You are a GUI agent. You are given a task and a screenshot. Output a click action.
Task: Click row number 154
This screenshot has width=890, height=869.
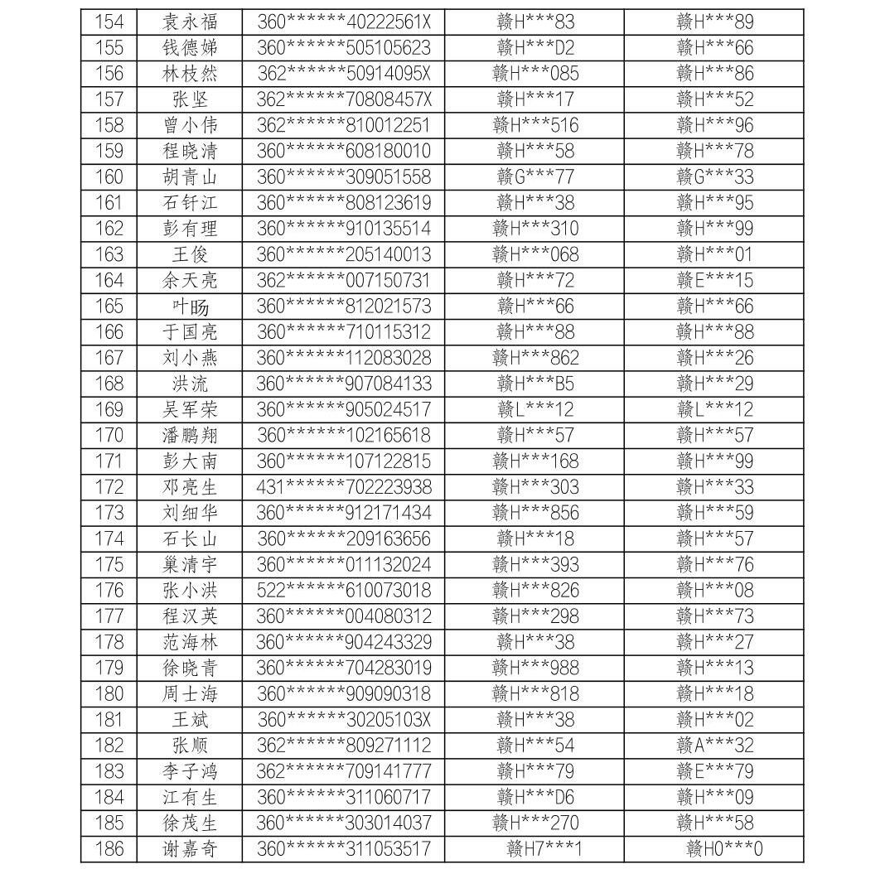109,22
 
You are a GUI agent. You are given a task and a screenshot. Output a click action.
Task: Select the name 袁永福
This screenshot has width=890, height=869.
190,22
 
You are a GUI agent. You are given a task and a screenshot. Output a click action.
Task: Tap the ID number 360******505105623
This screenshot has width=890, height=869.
343,47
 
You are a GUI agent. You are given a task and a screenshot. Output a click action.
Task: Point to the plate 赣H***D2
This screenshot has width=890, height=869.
535,47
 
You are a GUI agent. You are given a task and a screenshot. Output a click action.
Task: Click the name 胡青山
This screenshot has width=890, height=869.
190,176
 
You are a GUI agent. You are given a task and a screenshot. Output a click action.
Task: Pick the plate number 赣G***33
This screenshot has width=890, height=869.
715,176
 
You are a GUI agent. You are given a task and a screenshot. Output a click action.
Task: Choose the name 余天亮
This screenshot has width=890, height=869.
190,280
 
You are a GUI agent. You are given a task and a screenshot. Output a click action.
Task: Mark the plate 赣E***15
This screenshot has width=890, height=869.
715,280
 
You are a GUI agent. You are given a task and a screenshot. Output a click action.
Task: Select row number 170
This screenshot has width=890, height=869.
109,435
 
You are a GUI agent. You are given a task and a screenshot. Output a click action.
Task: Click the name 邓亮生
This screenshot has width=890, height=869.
190,487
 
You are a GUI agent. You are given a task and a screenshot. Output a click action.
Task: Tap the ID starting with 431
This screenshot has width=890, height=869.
343,487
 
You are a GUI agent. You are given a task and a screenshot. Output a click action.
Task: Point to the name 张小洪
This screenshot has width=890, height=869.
190,591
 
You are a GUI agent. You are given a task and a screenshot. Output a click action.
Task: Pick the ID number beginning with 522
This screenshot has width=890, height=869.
343,591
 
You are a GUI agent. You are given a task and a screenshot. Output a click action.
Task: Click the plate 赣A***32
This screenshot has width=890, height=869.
715,746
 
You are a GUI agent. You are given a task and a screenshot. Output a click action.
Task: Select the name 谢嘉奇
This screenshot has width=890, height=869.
190,849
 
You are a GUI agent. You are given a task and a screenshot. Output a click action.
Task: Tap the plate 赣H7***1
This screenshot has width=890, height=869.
544,849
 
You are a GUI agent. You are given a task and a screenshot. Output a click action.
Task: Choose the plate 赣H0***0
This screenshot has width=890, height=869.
724,849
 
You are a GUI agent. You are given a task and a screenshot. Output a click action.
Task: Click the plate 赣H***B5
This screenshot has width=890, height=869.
535,384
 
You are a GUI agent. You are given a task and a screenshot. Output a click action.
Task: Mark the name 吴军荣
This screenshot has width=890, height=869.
190,409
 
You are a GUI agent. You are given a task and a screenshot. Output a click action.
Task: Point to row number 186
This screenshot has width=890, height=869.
109,849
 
